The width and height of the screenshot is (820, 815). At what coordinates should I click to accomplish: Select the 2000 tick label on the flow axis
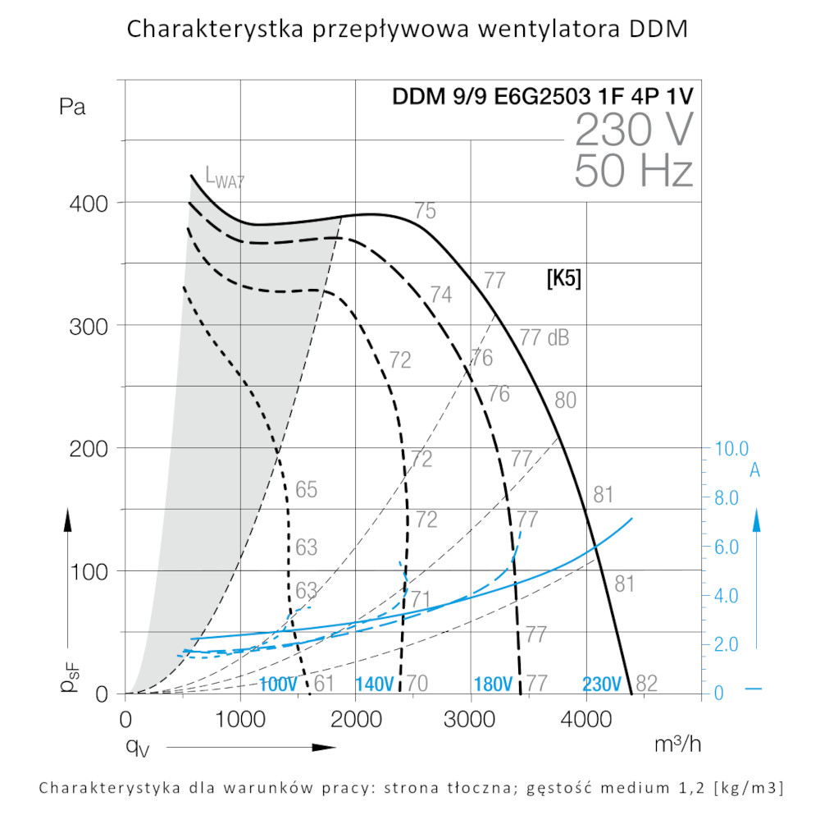pyautogui.click(x=355, y=720)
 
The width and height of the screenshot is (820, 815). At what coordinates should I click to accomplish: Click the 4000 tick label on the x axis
pyautogui.click(x=585, y=720)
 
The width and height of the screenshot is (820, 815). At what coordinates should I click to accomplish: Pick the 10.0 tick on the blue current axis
pyautogui.click(x=731, y=449)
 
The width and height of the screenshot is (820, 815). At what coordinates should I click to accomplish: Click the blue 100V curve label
pyautogui.click(x=278, y=684)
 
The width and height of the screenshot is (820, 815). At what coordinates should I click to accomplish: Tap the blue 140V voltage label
pyautogui.click(x=375, y=684)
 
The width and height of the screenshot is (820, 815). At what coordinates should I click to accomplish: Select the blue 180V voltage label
pyautogui.click(x=494, y=684)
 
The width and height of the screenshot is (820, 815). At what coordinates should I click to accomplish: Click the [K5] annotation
pyautogui.click(x=563, y=279)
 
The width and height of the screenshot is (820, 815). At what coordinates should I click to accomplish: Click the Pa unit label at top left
pyautogui.click(x=72, y=108)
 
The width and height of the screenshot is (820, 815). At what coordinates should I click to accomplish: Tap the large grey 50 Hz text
pyautogui.click(x=634, y=171)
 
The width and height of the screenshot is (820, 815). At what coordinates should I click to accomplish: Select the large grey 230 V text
pyautogui.click(x=634, y=130)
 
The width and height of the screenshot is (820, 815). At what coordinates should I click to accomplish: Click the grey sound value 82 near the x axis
pyautogui.click(x=647, y=683)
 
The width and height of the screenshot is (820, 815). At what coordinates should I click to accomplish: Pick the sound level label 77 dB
pyautogui.click(x=544, y=337)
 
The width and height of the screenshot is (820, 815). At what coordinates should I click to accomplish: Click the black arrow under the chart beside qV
pyautogui.click(x=250, y=747)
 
